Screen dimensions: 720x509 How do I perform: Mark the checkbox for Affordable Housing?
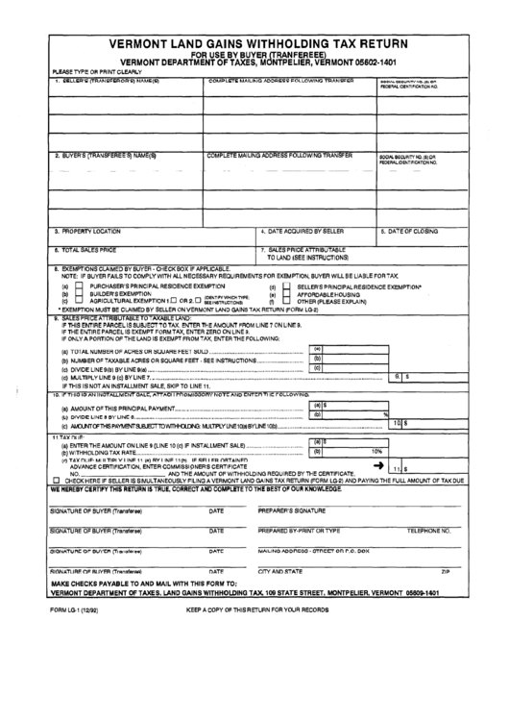point(288,293)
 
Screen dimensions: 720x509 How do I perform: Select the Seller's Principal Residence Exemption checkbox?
point(288,286)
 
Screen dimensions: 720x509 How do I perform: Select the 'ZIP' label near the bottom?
point(445,571)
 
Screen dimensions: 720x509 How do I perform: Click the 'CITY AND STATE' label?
point(281,571)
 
